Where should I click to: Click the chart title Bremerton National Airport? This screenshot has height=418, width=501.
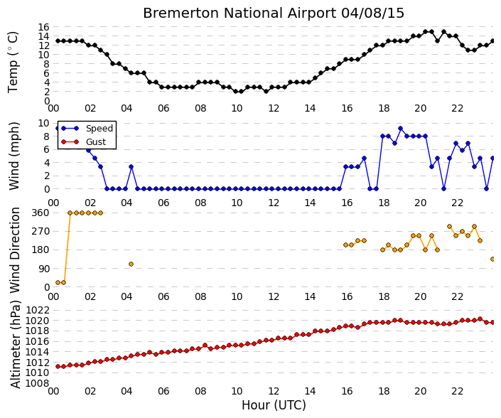[239, 14]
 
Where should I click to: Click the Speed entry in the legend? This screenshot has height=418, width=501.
[99, 129]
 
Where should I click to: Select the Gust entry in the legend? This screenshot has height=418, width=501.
[96, 142]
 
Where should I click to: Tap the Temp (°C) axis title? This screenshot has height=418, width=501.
[13, 63]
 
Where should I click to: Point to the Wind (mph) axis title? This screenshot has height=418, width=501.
[14, 156]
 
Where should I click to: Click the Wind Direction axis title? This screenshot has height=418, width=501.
[15, 250]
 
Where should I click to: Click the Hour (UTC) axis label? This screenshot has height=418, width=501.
[274, 405]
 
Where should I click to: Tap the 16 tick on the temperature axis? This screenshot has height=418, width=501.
[44, 27]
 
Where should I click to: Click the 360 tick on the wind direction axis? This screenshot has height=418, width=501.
[41, 213]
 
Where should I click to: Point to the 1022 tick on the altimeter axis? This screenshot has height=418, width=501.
[38, 310]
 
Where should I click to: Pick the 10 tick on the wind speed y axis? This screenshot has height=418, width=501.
[44, 124]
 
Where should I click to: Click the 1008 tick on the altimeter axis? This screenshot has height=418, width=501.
[38, 383]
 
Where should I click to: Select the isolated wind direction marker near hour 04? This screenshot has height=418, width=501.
[131, 264]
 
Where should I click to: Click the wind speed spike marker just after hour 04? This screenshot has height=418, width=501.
[131, 166]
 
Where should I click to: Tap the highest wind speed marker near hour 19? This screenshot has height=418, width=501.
[400, 129]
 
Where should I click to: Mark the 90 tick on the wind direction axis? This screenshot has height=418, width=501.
[44, 269]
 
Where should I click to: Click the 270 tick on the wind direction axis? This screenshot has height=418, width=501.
[41, 231]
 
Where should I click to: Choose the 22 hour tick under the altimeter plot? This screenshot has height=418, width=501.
[457, 391]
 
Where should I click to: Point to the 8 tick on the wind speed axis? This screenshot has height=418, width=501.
[47, 136]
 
